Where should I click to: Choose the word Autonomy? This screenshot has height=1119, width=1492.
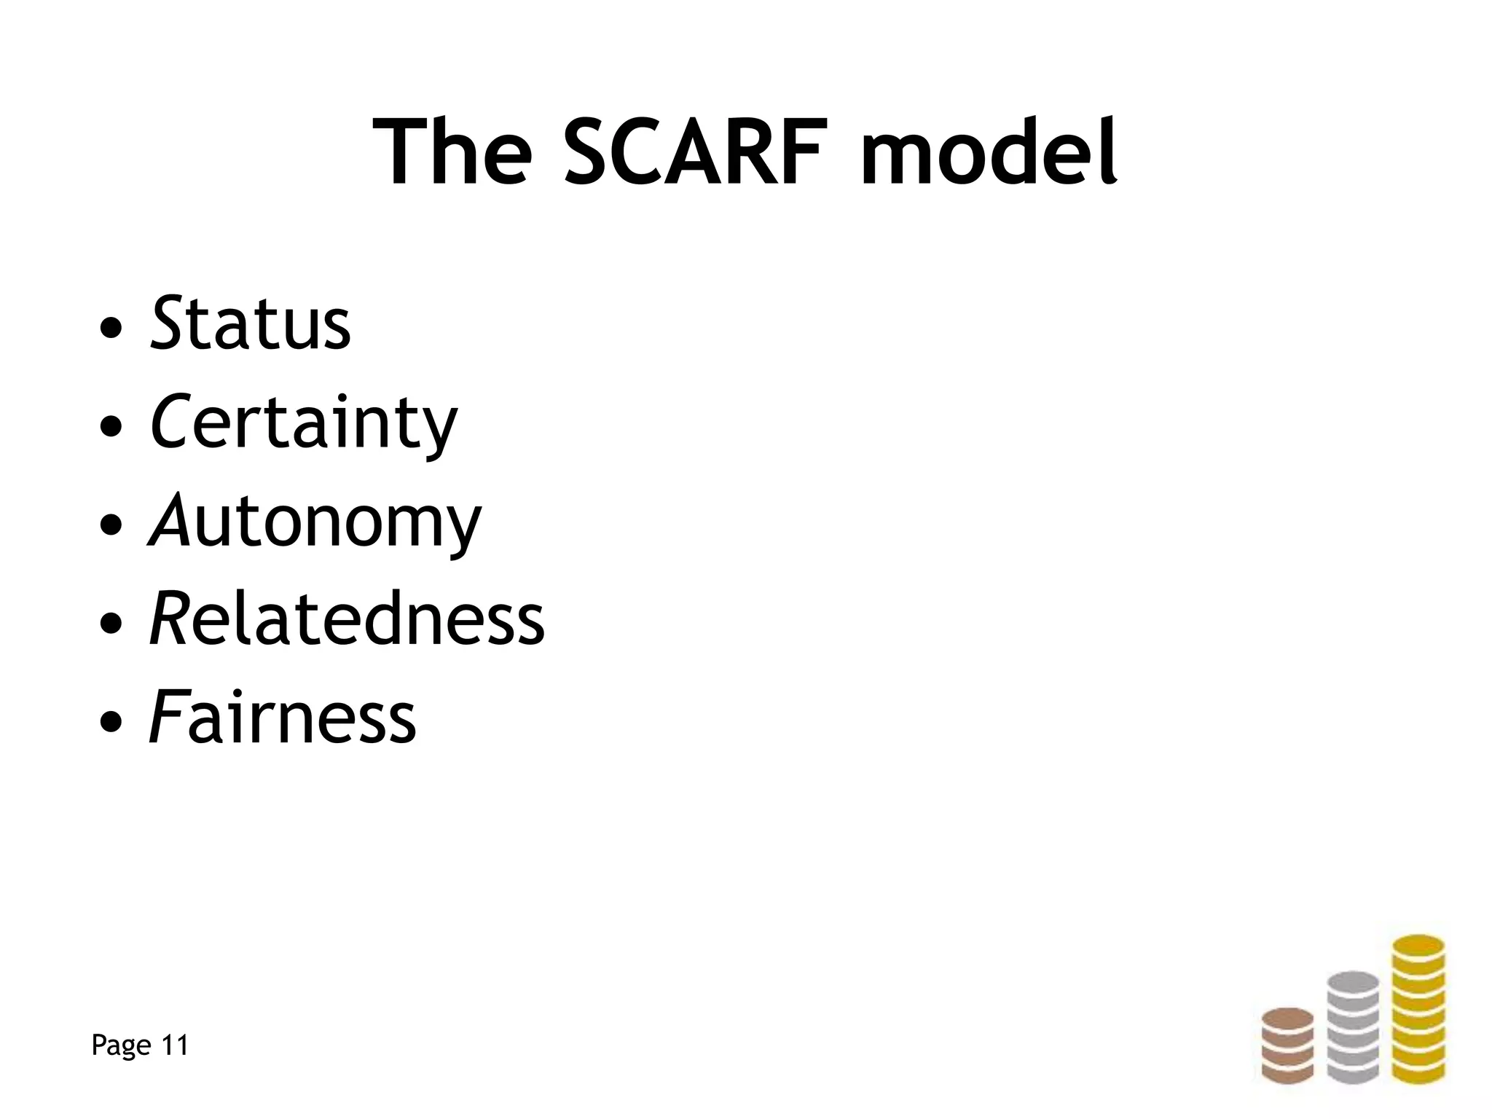(315, 523)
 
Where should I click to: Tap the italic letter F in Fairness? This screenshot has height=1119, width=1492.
(165, 718)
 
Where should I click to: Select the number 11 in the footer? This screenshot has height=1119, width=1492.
(174, 1045)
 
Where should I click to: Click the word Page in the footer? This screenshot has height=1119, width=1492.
(121, 1046)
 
